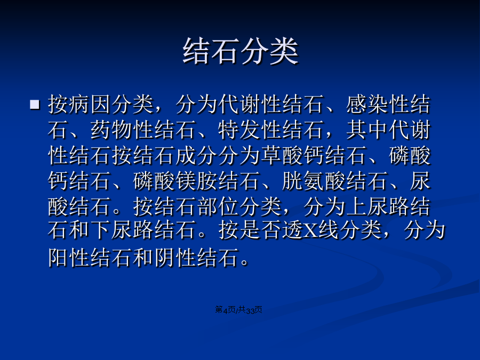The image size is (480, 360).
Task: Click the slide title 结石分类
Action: pos(241,51)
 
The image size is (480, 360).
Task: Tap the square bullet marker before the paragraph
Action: pos(35,105)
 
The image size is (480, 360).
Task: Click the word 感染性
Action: pos(378,105)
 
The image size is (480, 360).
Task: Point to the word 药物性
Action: pos(122,130)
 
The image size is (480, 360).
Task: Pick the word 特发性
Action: pos(250,130)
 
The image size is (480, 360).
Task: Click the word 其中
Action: pos(367,130)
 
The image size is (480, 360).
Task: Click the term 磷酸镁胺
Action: pos(175,181)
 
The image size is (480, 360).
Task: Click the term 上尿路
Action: pos(378,206)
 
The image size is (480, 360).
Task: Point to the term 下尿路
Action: pos(122,229)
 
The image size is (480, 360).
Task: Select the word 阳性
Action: pos(69,257)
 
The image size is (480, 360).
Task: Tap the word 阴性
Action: pos(175,257)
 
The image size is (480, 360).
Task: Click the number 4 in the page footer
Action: pos(225,310)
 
